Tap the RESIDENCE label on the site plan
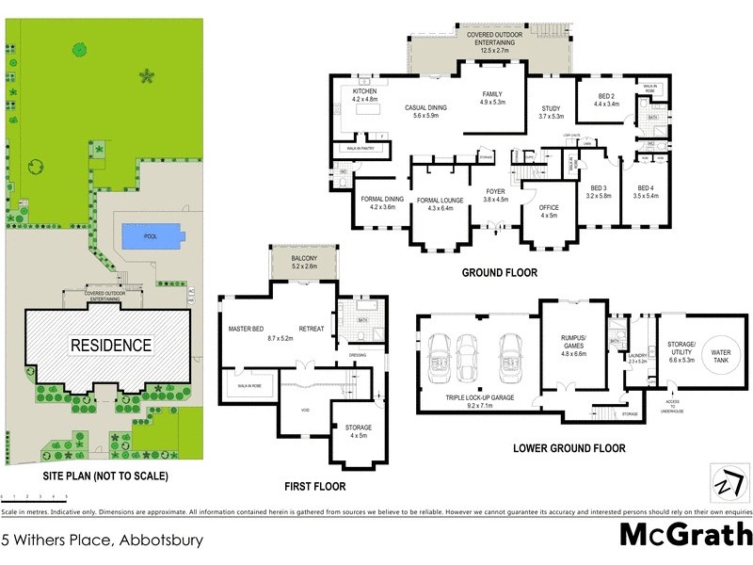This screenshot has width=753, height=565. point(111,346)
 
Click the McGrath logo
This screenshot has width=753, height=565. point(685,535)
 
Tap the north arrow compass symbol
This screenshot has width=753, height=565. point(725,482)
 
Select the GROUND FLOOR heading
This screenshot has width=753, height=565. point(499,273)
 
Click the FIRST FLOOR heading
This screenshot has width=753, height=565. point(314,487)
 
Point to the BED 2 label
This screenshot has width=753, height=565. point(606,97)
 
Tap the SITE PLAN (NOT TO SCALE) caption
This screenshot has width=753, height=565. point(105,476)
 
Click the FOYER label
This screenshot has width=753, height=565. point(495,194)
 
